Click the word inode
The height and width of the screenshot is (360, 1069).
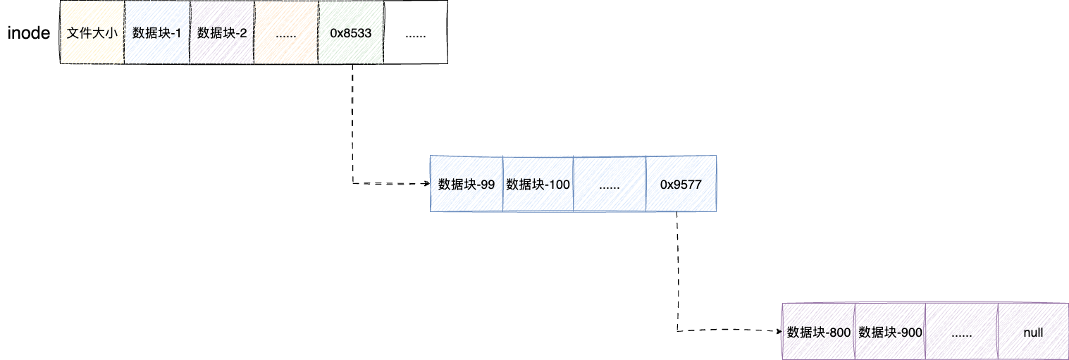click(28, 33)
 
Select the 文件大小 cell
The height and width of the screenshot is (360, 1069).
click(92, 33)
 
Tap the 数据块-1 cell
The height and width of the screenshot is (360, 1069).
click(157, 33)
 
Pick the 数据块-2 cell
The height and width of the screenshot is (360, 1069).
click(222, 33)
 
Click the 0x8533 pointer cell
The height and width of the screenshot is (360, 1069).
click(350, 33)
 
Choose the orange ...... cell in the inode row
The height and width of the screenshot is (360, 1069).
click(286, 33)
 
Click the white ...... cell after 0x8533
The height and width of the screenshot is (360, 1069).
click(415, 33)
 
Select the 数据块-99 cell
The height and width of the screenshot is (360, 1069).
click(466, 184)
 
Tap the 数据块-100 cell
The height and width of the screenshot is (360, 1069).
click(538, 184)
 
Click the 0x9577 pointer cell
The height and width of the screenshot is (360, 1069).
click(681, 184)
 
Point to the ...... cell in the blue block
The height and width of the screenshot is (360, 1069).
click(610, 184)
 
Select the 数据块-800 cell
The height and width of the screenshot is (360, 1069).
click(819, 333)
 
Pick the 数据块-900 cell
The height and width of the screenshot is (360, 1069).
click(890, 333)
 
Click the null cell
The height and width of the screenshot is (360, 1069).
click(1033, 333)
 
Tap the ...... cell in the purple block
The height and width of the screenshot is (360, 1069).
click(962, 333)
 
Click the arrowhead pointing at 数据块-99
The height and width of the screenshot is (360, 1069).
click(426, 184)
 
